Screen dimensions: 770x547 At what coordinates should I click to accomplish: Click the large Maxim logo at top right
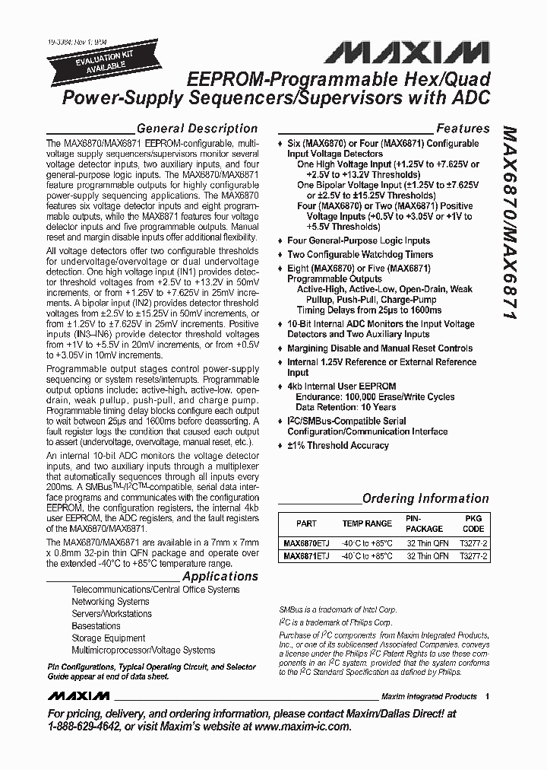click(405, 51)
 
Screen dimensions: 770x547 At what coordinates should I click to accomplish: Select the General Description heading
click(196, 129)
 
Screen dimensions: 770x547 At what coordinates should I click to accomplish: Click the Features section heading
click(462, 129)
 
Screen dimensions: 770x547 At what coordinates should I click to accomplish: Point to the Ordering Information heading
click(425, 498)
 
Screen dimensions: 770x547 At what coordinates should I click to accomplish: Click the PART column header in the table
click(306, 523)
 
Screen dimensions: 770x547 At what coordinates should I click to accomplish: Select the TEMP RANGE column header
click(367, 523)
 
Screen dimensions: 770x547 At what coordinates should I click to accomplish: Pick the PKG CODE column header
click(473, 523)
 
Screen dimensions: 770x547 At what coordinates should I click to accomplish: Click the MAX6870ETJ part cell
click(306, 544)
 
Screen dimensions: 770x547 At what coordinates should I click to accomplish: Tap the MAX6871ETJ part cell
click(306, 556)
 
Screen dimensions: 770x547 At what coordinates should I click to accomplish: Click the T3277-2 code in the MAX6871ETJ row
click(473, 556)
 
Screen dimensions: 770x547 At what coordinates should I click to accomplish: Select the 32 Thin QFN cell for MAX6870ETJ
click(426, 544)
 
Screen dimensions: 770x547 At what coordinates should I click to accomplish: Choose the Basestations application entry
click(96, 626)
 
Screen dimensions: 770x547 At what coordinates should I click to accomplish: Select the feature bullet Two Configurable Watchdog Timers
click(359, 254)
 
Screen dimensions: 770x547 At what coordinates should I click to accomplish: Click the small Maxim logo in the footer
click(78, 696)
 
